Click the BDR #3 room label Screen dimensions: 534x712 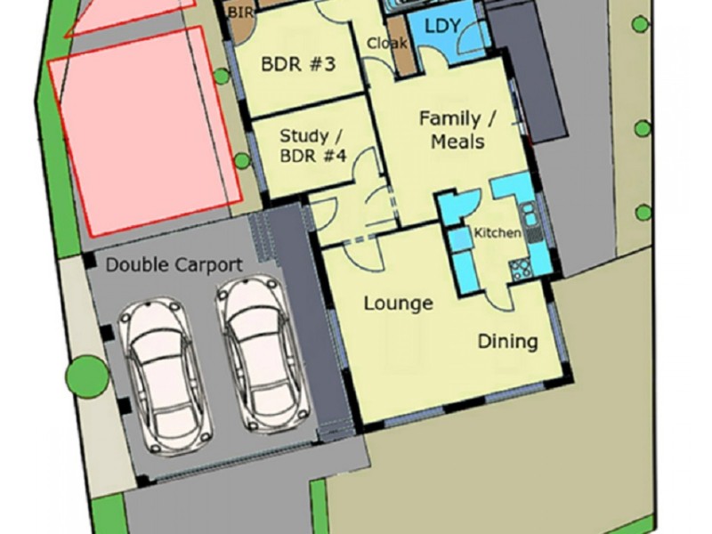[x=297, y=65]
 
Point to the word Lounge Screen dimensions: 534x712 [x=398, y=303]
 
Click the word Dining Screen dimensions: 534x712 [x=507, y=341]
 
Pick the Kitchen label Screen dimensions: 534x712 [x=497, y=233]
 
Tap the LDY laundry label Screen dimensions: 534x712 [x=442, y=26]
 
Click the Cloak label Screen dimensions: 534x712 [x=386, y=43]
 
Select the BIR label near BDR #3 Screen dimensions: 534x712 [x=241, y=12]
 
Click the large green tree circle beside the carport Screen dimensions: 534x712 [x=89, y=372]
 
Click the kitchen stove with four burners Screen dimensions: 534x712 [x=519, y=267]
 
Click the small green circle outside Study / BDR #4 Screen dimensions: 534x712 [x=241, y=161]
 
